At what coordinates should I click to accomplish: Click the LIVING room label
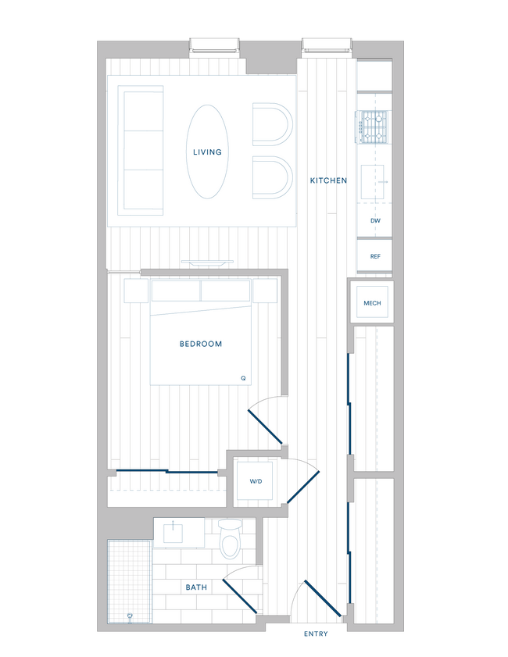(x=207, y=152)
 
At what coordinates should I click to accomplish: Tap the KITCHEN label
(x=328, y=180)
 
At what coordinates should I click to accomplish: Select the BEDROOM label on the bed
(x=201, y=344)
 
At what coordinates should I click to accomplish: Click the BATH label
(x=196, y=587)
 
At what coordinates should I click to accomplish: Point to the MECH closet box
(x=372, y=302)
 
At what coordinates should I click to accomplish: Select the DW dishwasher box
(x=375, y=221)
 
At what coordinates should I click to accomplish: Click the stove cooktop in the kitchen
(x=373, y=127)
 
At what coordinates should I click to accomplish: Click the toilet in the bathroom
(x=230, y=541)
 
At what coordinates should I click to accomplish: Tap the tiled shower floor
(x=130, y=582)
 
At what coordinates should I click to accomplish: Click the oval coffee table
(x=207, y=151)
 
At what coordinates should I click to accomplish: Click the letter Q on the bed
(x=243, y=378)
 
